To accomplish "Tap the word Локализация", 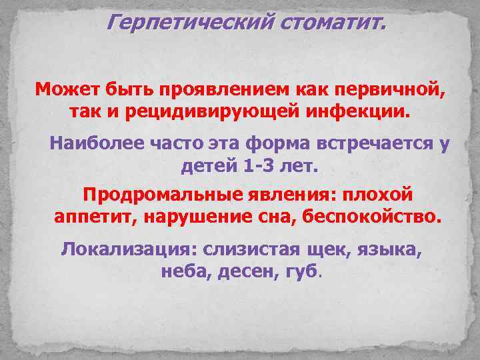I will [x=123, y=251].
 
